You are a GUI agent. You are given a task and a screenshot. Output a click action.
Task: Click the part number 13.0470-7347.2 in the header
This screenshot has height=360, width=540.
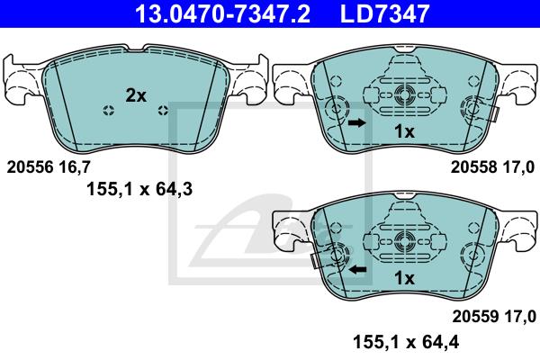point(222,13)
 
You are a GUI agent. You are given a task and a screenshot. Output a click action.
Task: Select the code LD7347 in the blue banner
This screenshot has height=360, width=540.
point(384,13)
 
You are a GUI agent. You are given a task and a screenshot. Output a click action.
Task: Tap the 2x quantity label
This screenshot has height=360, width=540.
point(136,95)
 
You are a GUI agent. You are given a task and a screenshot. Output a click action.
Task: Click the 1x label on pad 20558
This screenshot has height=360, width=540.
point(404,131)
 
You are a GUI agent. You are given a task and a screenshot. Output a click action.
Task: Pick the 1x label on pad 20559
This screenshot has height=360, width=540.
point(404,278)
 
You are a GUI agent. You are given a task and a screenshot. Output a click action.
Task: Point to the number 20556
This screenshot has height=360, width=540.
point(31,167)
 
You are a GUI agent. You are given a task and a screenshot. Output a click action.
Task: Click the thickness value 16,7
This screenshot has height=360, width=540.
point(75,167)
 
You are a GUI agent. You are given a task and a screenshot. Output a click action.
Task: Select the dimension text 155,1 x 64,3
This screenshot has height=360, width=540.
point(139,189)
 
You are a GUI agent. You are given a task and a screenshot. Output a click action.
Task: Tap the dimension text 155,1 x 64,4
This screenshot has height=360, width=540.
point(406,342)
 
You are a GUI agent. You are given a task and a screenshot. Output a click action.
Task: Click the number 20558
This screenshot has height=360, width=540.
point(474,167)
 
